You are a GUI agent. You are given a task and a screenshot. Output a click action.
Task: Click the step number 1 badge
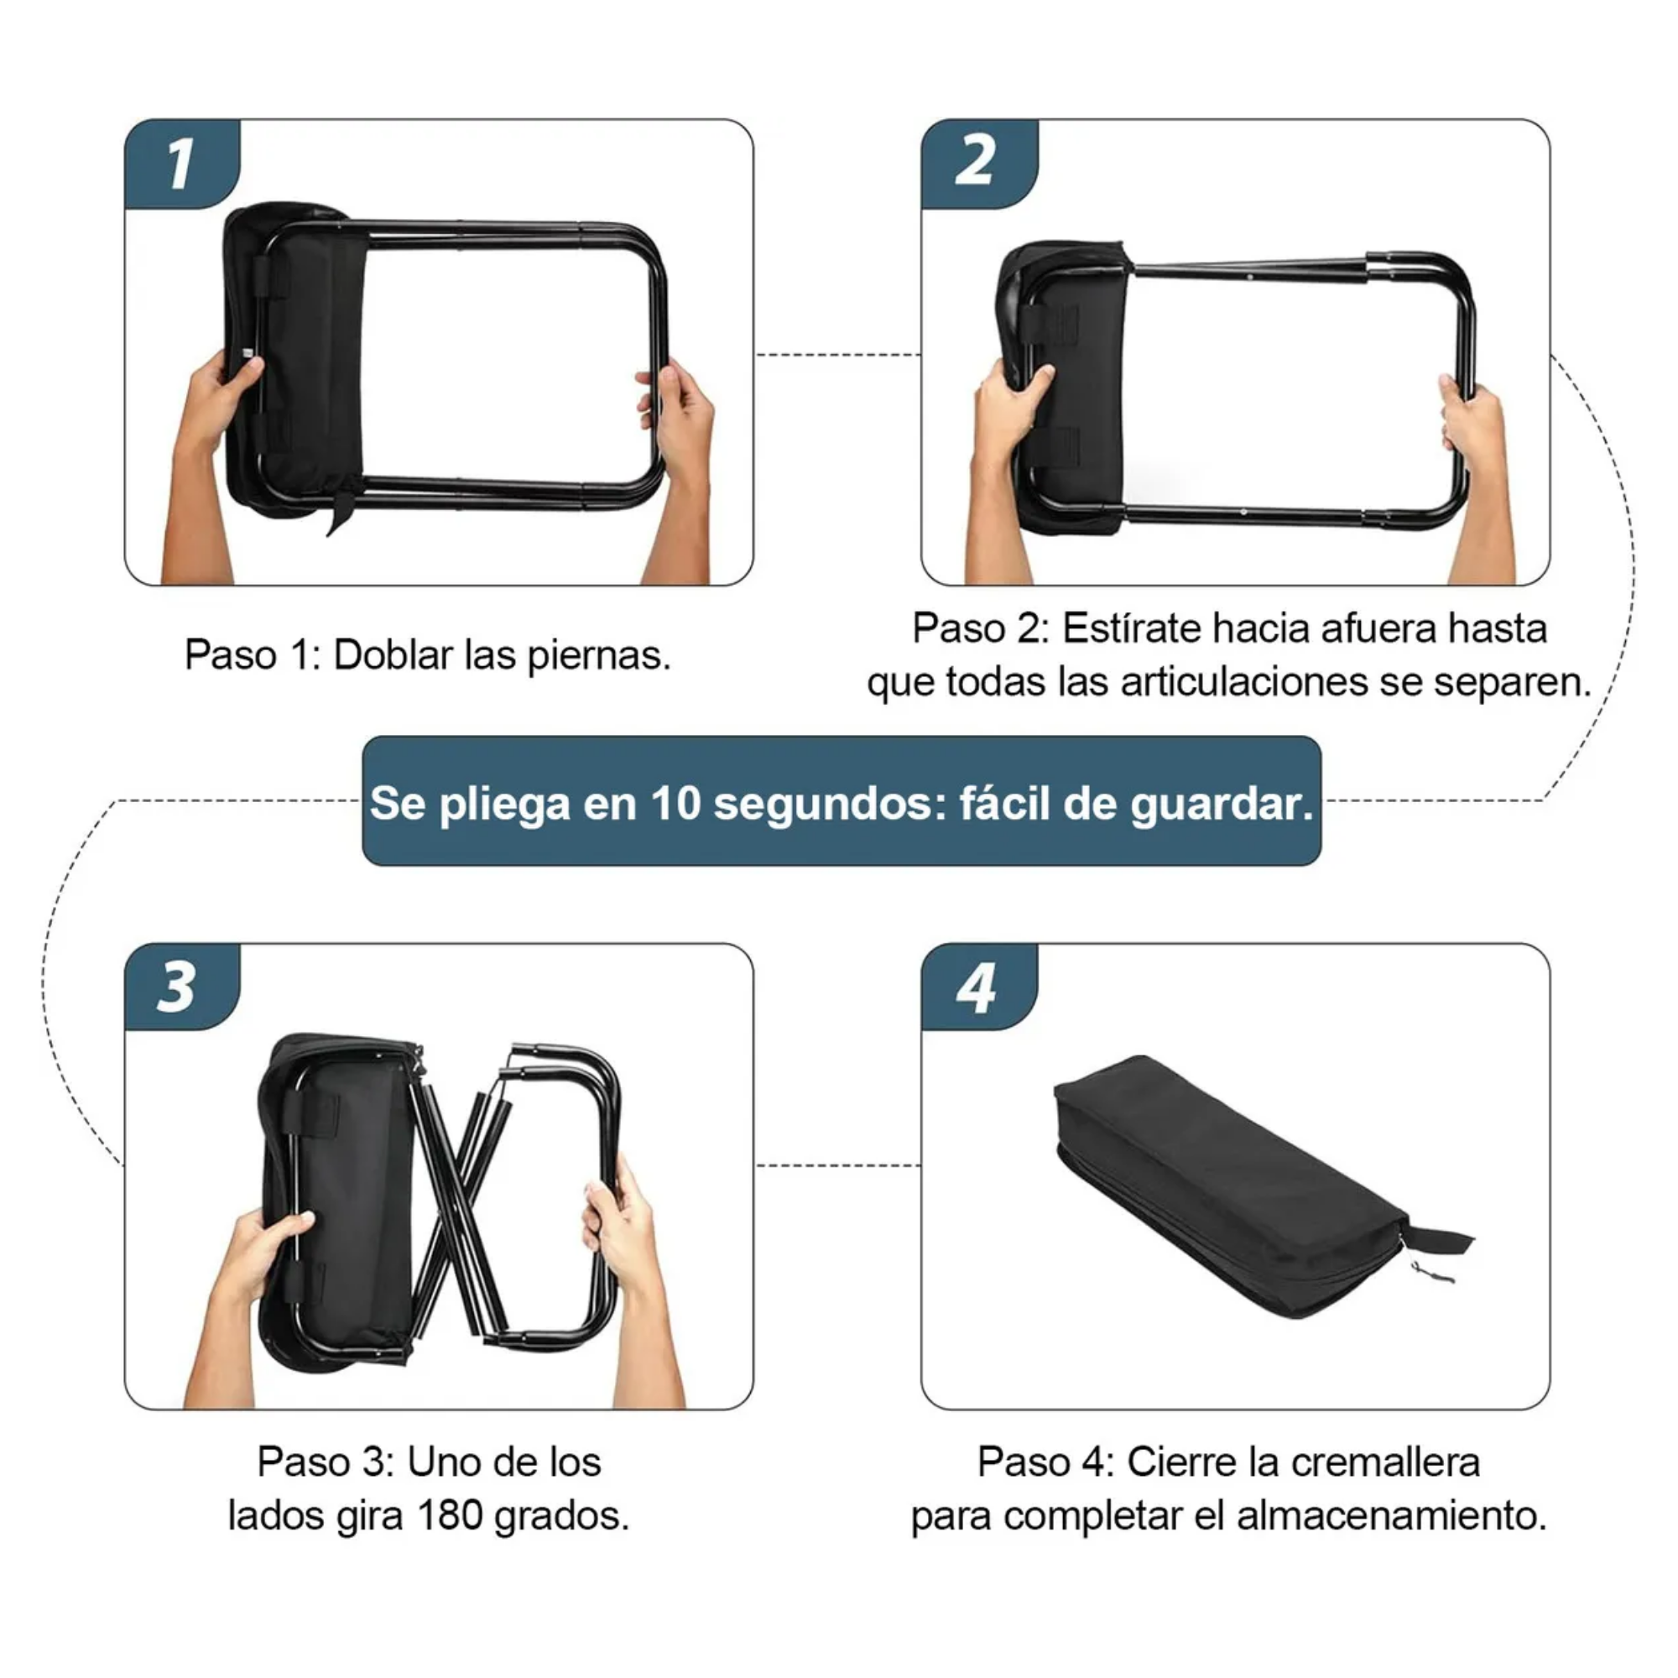pyautogui.click(x=182, y=164)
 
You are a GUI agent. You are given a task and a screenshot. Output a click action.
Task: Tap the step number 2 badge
pyautogui.click(x=979, y=164)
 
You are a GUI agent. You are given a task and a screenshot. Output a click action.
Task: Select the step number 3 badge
pyautogui.click(x=182, y=988)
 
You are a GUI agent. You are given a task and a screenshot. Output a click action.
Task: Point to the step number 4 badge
pyautogui.click(x=979, y=988)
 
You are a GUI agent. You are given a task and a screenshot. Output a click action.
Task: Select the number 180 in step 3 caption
pyautogui.click(x=449, y=1515)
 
